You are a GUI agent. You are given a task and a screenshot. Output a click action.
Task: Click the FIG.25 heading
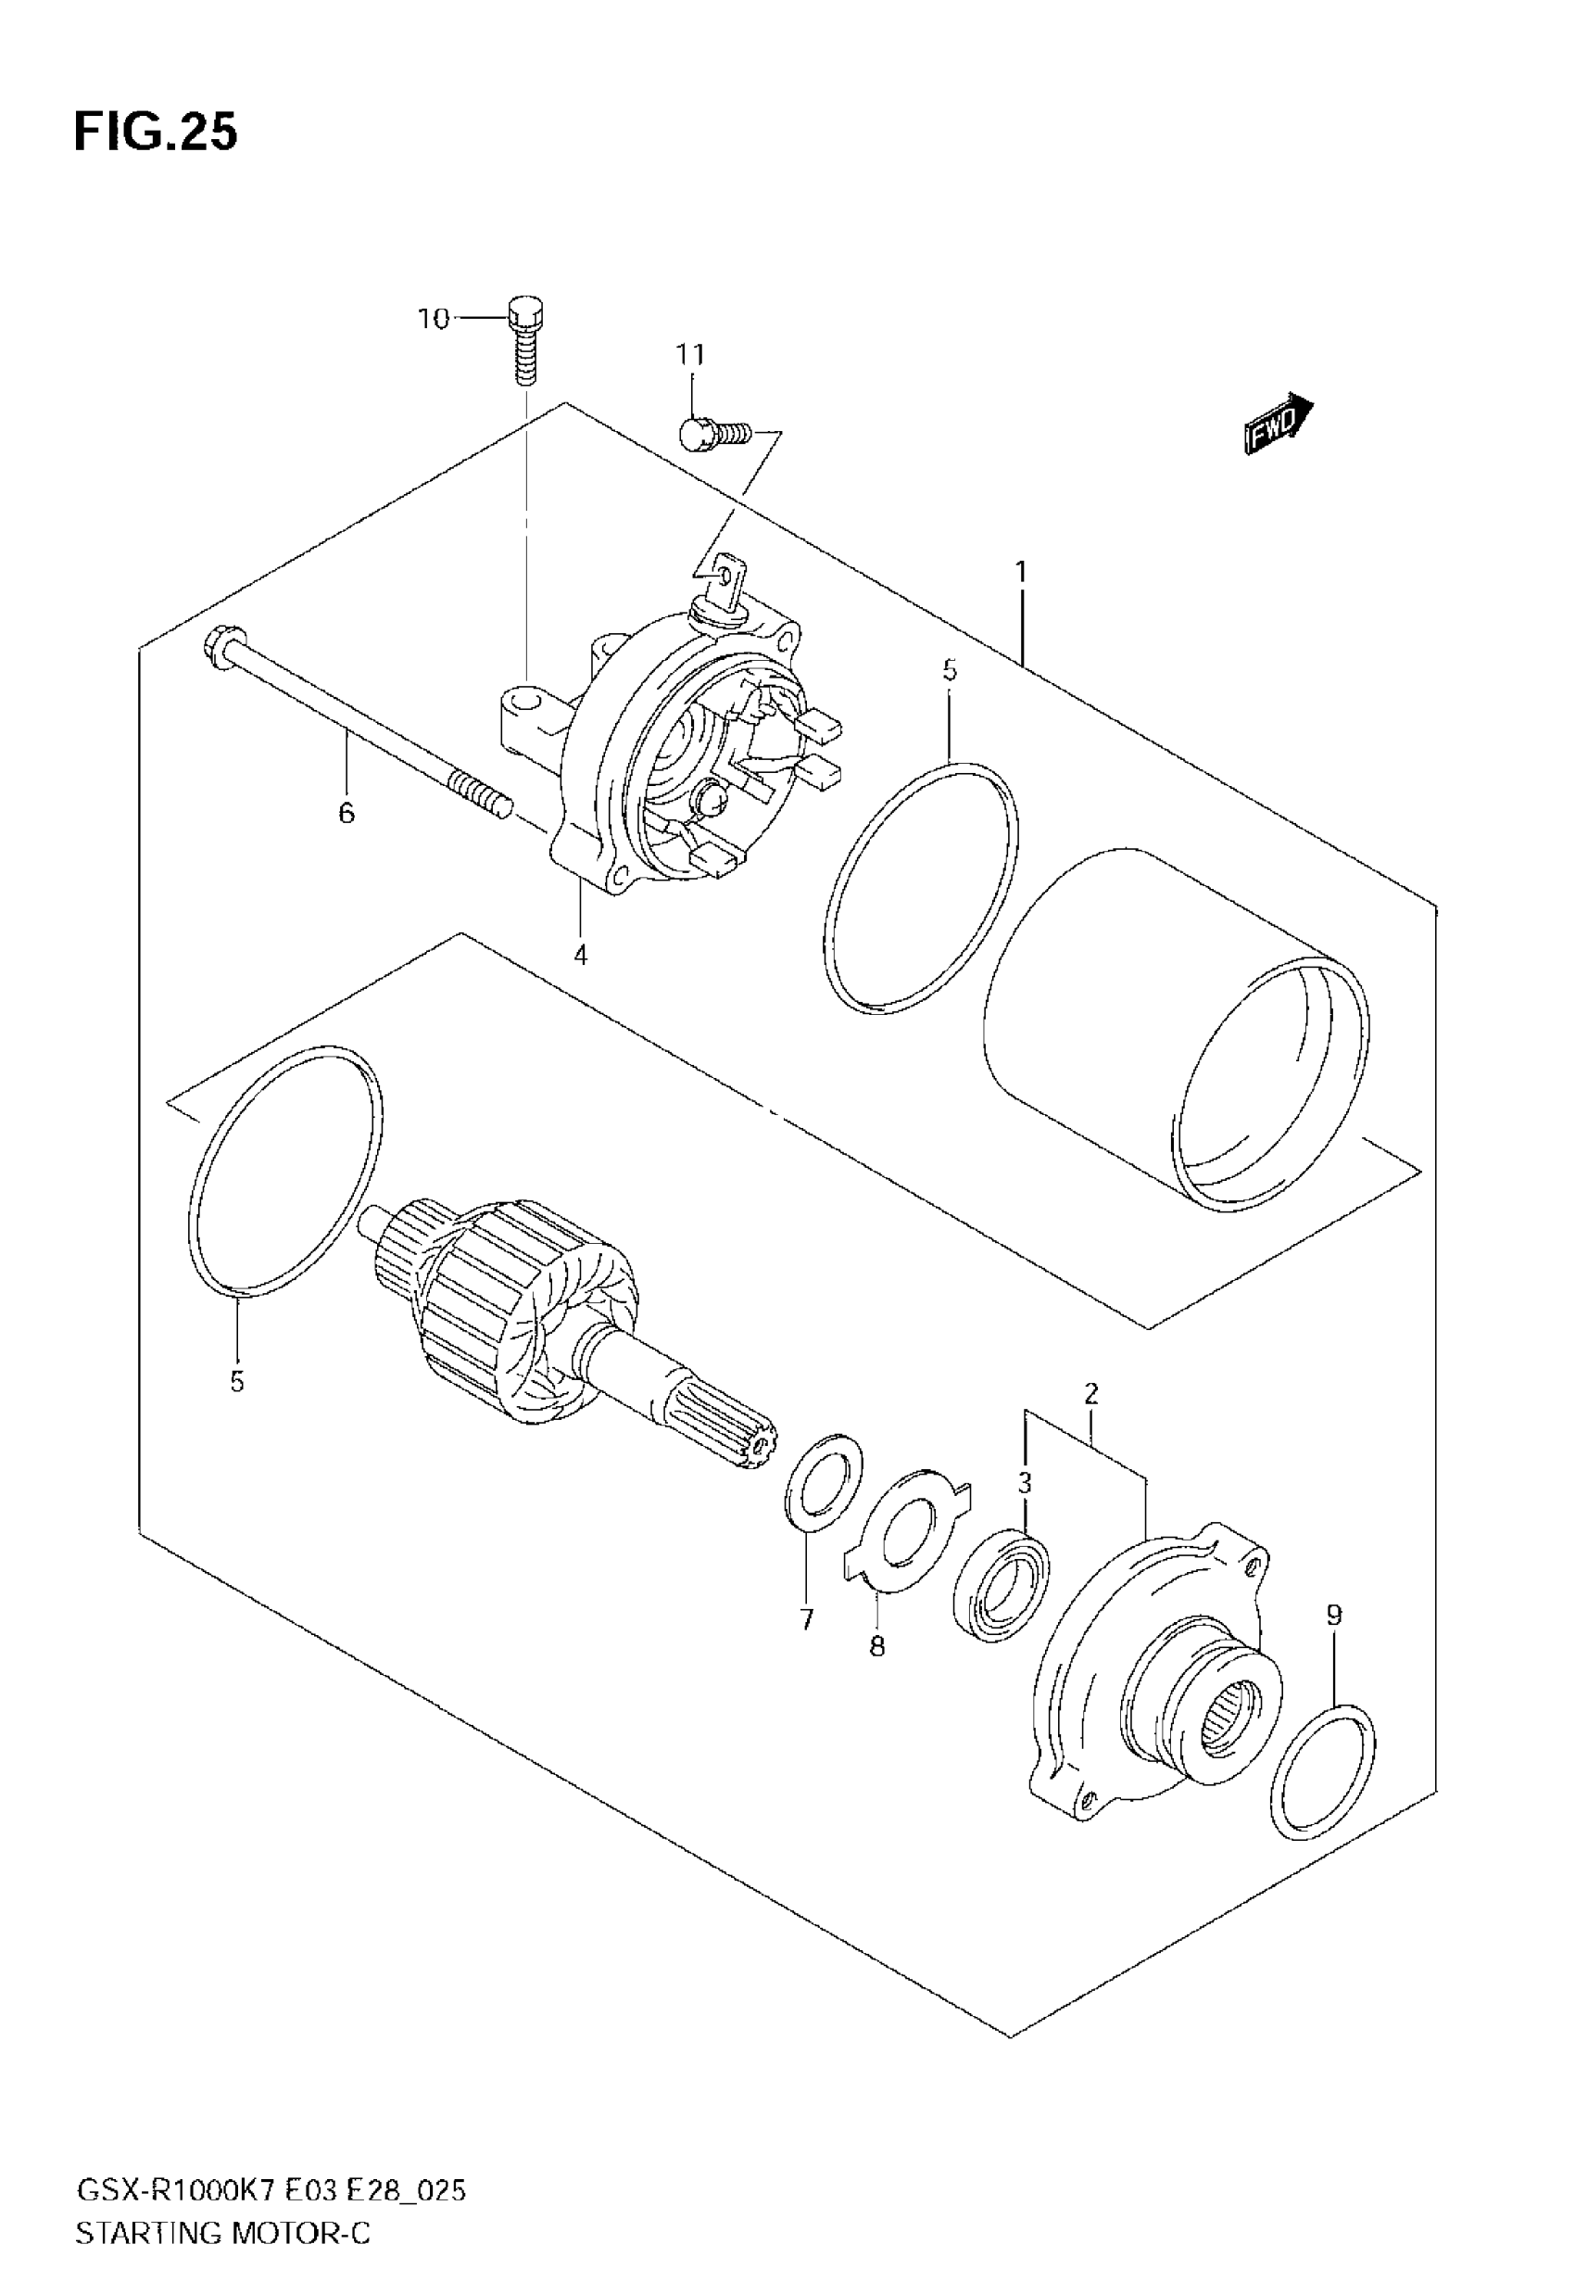pos(156,133)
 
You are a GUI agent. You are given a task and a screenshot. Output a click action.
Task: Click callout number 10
pos(434,319)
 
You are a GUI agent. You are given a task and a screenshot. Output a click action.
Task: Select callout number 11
pos(691,354)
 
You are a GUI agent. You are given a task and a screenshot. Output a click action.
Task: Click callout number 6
pos(346,813)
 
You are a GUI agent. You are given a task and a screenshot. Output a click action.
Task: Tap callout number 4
pos(580,955)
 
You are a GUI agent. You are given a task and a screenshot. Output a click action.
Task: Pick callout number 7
pos(807,1619)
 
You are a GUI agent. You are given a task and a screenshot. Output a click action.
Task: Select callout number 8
pos(877,1646)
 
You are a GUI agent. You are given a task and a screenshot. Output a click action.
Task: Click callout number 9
pos(1334,1616)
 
